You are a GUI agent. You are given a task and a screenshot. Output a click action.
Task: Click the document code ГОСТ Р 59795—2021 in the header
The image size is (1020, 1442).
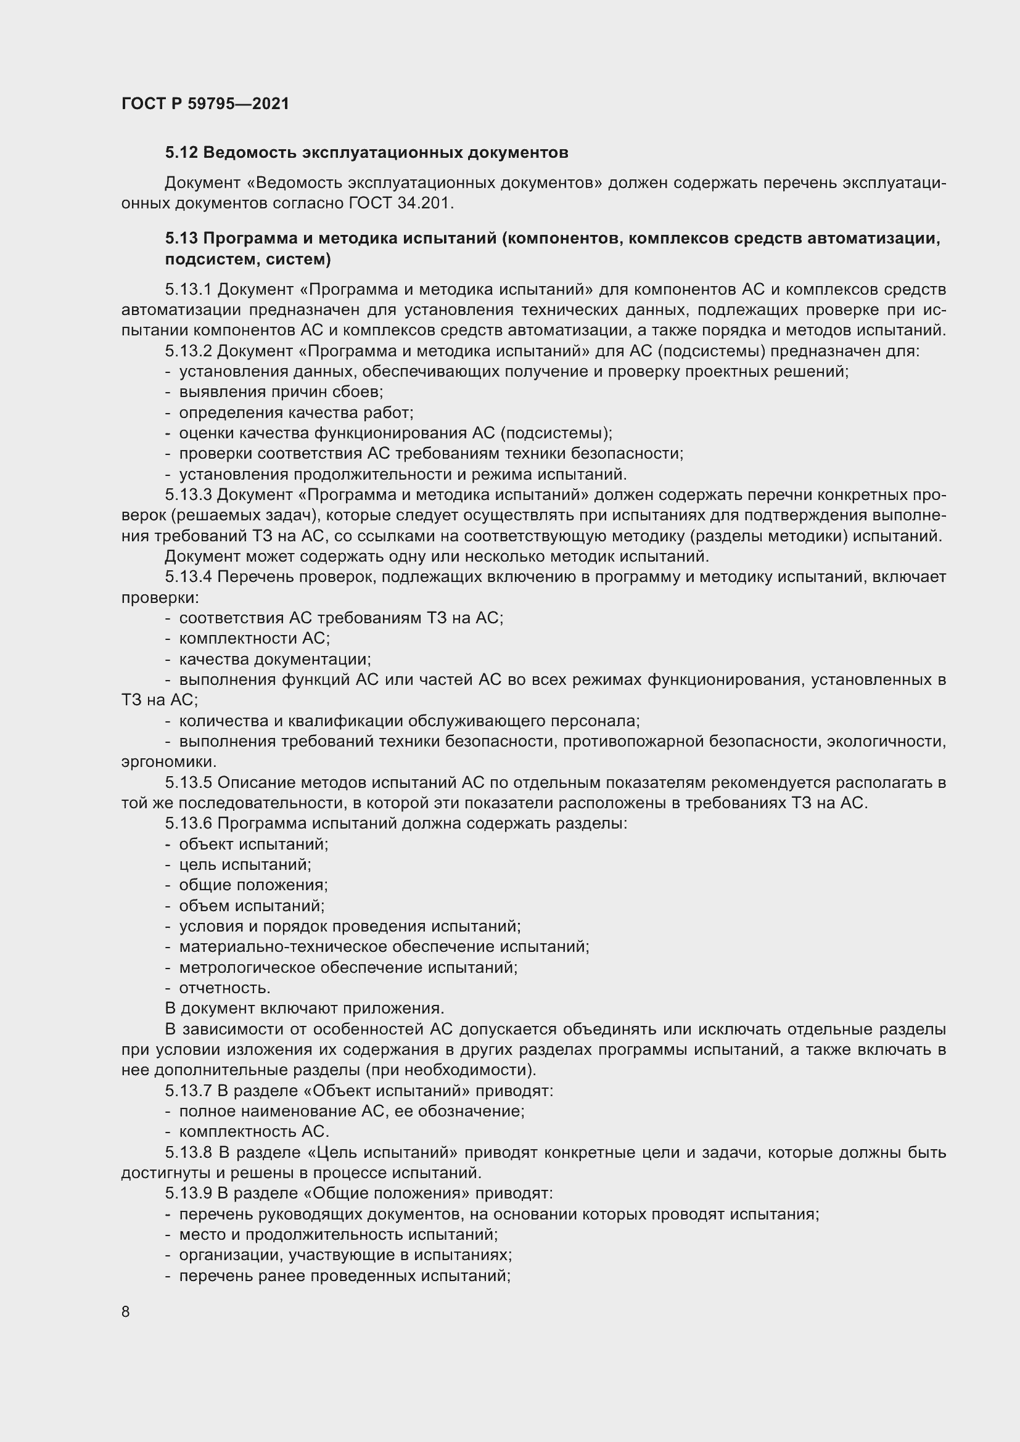(x=205, y=104)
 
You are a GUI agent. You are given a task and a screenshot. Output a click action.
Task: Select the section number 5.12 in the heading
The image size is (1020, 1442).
(x=181, y=153)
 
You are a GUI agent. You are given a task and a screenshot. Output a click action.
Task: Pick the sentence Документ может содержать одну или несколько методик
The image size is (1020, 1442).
(x=437, y=557)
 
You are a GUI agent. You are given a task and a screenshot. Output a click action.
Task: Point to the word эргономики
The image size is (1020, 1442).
(x=168, y=762)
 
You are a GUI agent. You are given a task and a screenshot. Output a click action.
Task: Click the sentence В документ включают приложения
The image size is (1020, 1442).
(x=305, y=1009)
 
